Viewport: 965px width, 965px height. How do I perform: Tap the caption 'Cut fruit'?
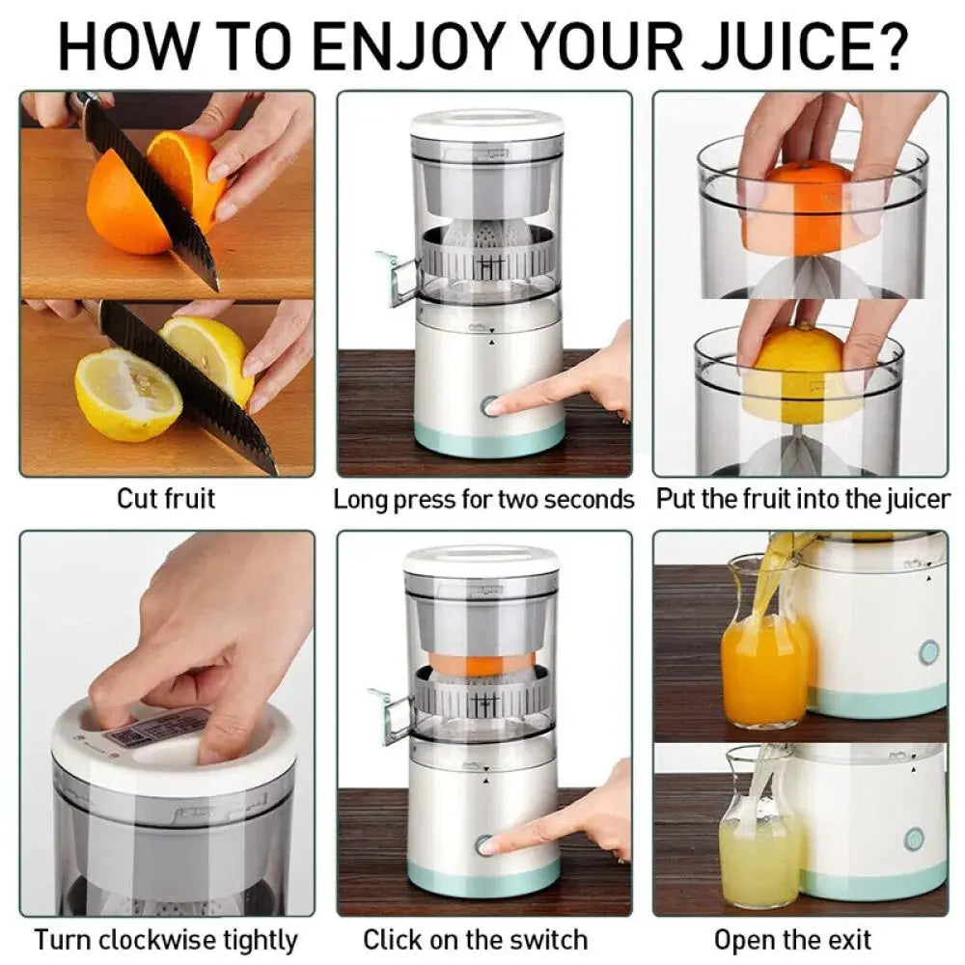166,499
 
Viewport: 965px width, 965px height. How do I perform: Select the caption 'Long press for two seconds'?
483,499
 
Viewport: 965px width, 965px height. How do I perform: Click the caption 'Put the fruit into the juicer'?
803,499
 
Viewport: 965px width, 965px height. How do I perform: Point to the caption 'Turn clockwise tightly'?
166,939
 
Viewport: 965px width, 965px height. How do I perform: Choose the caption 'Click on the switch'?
475,939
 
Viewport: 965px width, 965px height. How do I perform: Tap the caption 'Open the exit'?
792,939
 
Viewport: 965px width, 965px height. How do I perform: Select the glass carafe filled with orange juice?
763,656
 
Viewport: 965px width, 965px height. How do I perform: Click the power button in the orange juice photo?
928,652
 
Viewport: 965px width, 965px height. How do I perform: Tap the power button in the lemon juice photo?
914,839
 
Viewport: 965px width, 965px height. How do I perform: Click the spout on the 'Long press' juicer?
397,280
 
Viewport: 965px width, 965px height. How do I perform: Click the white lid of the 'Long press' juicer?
487,124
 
